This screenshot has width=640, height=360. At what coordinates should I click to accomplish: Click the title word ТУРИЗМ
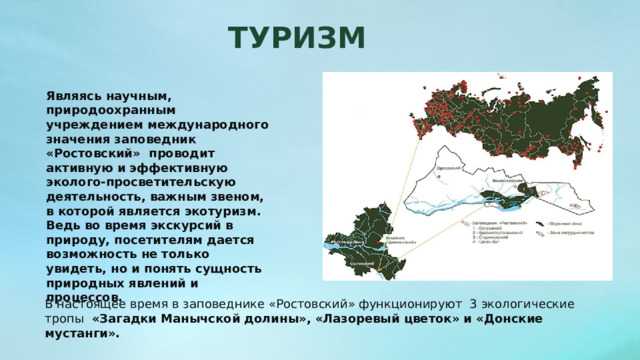point(296,38)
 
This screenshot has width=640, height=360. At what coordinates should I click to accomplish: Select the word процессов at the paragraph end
point(83,298)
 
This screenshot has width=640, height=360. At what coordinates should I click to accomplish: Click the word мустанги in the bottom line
point(80,334)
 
